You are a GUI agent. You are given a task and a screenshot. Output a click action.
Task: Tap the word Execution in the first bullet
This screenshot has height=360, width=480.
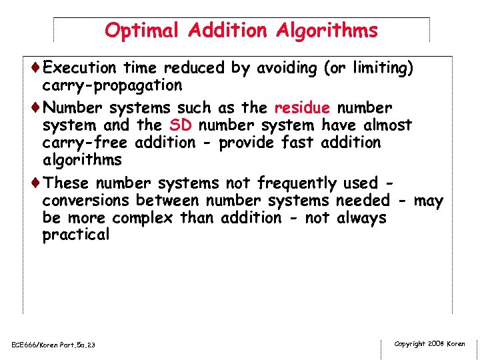(82, 68)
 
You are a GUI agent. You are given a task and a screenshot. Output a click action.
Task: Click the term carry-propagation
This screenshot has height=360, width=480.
(112, 85)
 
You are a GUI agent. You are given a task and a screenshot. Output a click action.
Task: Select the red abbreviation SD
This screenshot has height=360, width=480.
(181, 125)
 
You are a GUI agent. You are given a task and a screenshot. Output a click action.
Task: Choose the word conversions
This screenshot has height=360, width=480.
(86, 200)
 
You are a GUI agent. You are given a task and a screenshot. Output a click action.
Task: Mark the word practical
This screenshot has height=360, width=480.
(75, 235)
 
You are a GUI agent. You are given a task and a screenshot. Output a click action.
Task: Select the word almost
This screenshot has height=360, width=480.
(386, 125)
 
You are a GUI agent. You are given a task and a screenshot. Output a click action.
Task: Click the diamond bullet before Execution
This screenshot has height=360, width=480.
(35, 68)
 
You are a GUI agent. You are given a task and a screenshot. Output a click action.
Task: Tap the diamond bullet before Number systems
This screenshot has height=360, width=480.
(35, 108)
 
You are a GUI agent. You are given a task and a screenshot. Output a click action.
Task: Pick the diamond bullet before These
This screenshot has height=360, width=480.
(35, 183)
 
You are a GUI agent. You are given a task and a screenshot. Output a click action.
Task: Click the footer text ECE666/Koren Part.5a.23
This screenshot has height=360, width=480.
(53, 345)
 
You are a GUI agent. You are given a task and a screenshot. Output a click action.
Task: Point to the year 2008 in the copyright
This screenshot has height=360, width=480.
(436, 344)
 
